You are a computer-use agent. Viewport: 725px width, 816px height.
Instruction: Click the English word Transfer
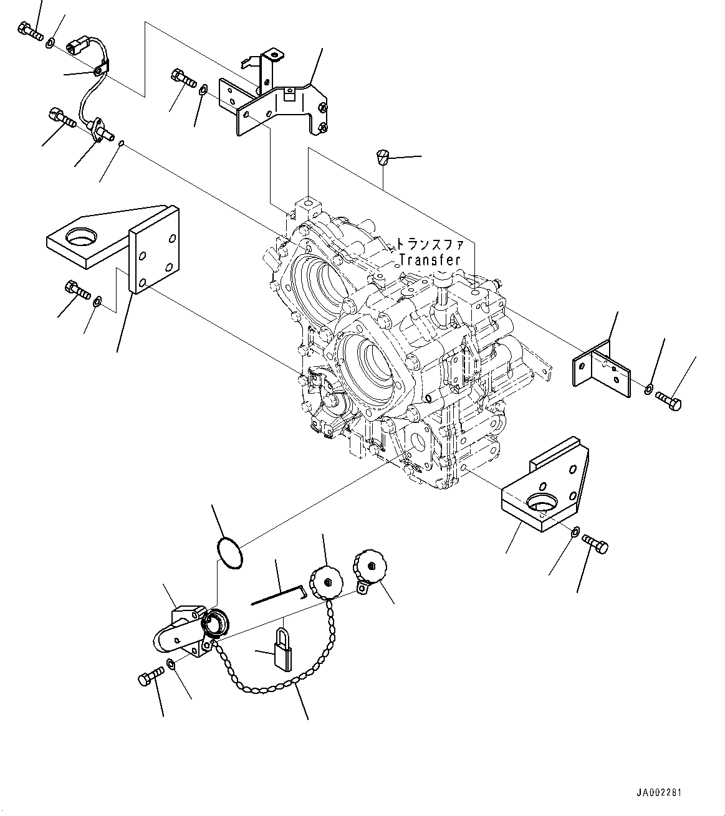tap(430, 260)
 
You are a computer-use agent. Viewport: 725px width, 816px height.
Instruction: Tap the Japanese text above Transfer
tap(430, 245)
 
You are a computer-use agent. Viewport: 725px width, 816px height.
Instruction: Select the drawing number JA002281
tap(659, 793)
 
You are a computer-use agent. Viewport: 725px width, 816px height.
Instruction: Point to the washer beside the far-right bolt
tap(648, 390)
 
